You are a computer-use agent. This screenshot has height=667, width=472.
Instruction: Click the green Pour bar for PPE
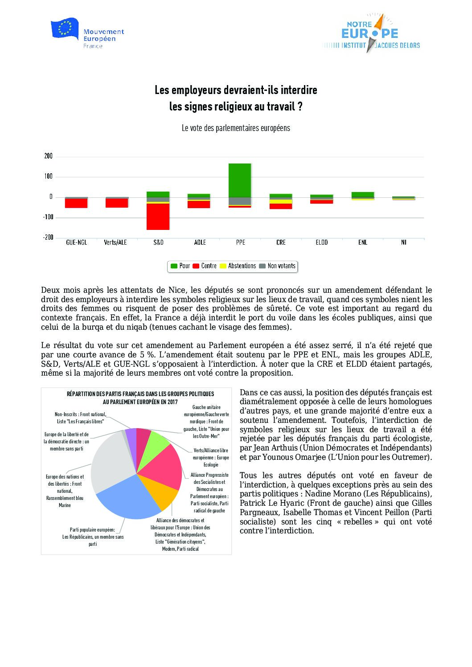coord(240,180)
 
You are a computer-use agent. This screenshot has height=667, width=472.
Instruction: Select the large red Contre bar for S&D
coord(158,217)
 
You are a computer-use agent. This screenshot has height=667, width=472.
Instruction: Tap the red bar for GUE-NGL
coord(76,203)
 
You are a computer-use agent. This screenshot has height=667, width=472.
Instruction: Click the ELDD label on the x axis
coord(321,242)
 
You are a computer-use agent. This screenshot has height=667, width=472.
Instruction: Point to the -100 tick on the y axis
coord(48,217)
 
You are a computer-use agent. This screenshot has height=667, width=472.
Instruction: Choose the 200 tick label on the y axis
coord(48,156)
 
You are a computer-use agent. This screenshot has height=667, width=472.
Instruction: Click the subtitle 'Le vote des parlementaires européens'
coord(236,128)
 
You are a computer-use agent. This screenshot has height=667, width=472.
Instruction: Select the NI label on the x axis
coord(403,242)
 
